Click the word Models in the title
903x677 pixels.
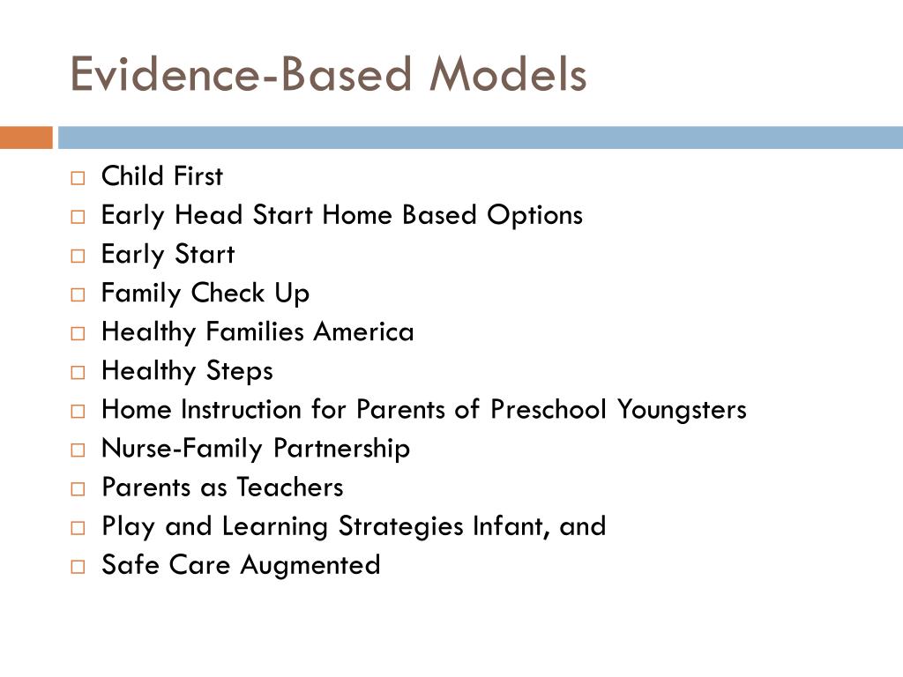pos(507,75)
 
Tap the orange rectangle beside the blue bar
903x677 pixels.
pos(26,138)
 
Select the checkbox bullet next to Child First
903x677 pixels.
pos(78,178)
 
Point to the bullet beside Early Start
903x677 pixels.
pos(78,256)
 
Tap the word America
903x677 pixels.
pos(364,332)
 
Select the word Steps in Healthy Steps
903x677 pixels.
pos(240,371)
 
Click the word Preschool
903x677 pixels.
pos(549,410)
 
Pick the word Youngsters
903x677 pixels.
pos(682,410)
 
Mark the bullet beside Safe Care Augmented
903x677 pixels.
pos(78,567)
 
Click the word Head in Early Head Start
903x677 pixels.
pos(209,215)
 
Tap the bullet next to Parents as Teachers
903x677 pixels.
pos(78,489)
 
